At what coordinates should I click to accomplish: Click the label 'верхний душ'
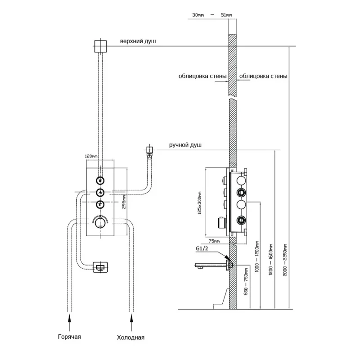pos(138,41)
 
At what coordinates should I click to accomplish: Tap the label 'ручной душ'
pos(185,145)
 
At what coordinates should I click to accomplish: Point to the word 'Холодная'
pos(130,337)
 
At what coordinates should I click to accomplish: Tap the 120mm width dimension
pos(91,156)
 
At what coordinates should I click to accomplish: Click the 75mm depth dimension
pos(214,241)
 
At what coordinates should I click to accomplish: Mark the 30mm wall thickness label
pos(198,15)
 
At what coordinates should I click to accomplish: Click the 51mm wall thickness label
pos(227,15)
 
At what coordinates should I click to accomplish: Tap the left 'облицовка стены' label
pos(202,76)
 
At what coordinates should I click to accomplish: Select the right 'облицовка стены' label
pos(263,76)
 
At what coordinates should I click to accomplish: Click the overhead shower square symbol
pos(100,45)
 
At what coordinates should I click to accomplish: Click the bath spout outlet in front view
pos(100,266)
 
